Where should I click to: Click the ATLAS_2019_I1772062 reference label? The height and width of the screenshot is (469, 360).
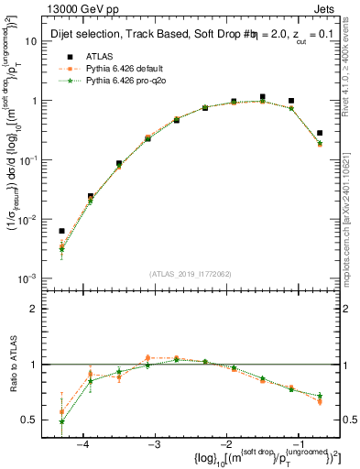190,273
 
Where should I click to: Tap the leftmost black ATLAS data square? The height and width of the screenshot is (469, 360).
61,232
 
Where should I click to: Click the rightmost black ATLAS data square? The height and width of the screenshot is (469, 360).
319,133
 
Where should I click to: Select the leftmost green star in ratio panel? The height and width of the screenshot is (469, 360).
61,421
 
